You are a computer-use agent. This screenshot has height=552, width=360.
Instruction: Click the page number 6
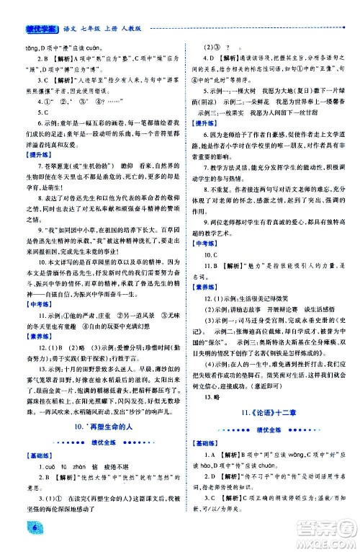(x=14, y=531)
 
